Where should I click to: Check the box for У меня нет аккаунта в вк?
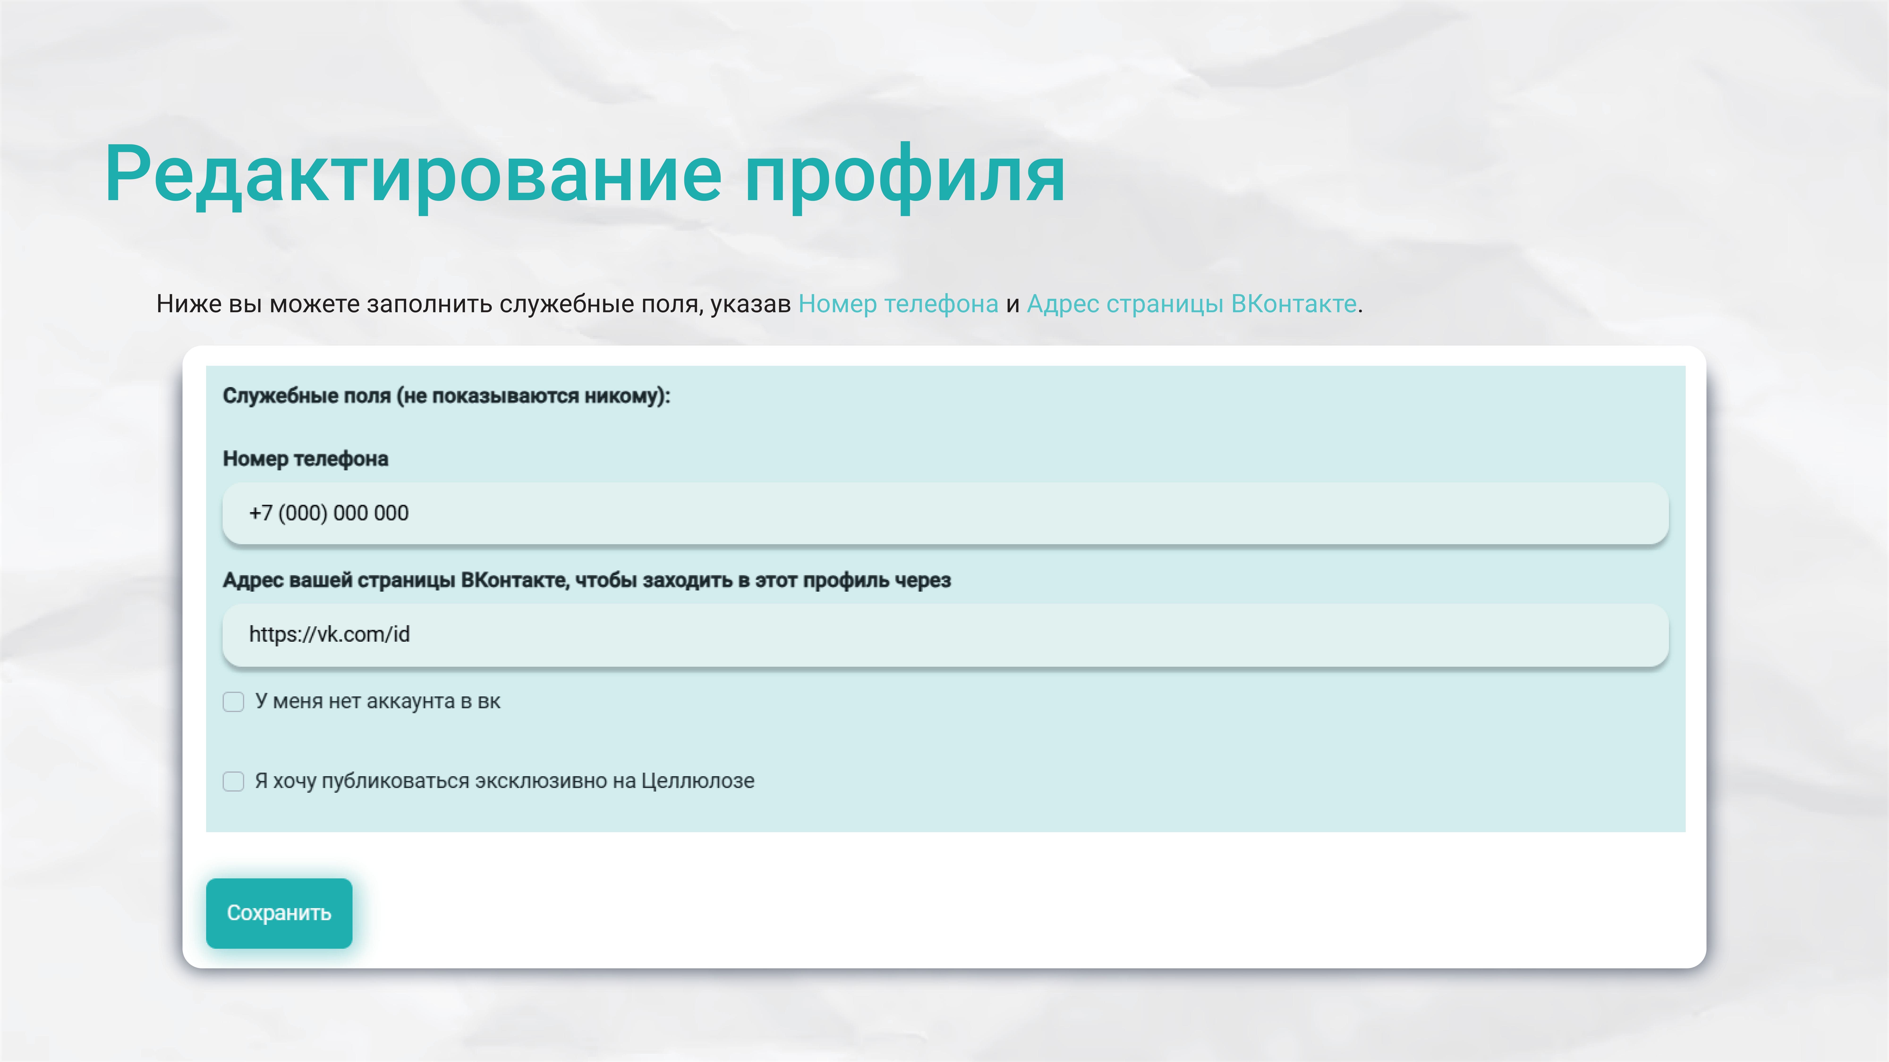point(233,701)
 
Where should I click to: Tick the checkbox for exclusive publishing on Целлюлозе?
point(233,781)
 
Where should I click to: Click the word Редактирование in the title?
point(413,174)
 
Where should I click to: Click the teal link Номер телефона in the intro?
point(898,303)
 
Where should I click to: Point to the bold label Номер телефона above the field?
point(305,459)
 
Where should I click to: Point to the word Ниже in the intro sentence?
point(188,303)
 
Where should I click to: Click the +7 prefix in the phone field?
point(260,513)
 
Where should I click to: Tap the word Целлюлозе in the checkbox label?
point(697,781)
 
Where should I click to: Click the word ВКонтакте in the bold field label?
point(514,581)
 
